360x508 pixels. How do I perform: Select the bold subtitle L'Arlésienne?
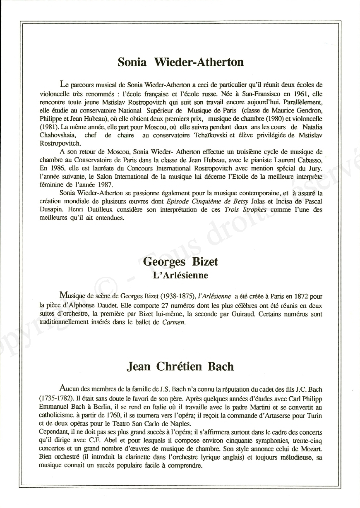(180, 275)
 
